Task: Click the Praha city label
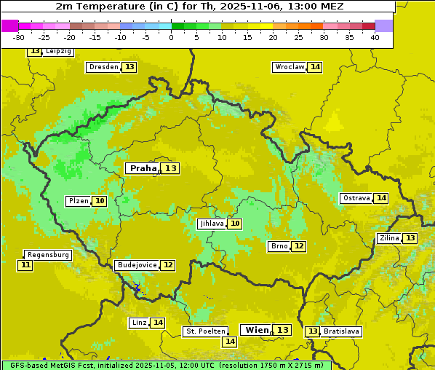coord(143,168)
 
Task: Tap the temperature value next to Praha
coord(170,168)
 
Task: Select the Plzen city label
coord(78,201)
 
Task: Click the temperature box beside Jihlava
coord(234,224)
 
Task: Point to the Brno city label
coord(279,246)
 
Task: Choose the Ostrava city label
coord(356,198)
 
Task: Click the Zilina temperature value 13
coord(410,238)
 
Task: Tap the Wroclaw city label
coord(289,67)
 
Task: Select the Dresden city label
coord(103,67)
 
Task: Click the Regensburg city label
coord(48,255)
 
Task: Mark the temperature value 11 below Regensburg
coord(25,265)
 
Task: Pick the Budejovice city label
coord(136,265)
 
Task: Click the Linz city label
coord(138,323)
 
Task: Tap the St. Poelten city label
coord(205,331)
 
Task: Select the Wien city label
coord(257,330)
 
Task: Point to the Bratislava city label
coord(341,331)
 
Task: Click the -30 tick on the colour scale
coord(19,37)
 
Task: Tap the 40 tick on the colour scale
coord(375,37)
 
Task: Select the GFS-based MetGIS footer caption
coord(166,365)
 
